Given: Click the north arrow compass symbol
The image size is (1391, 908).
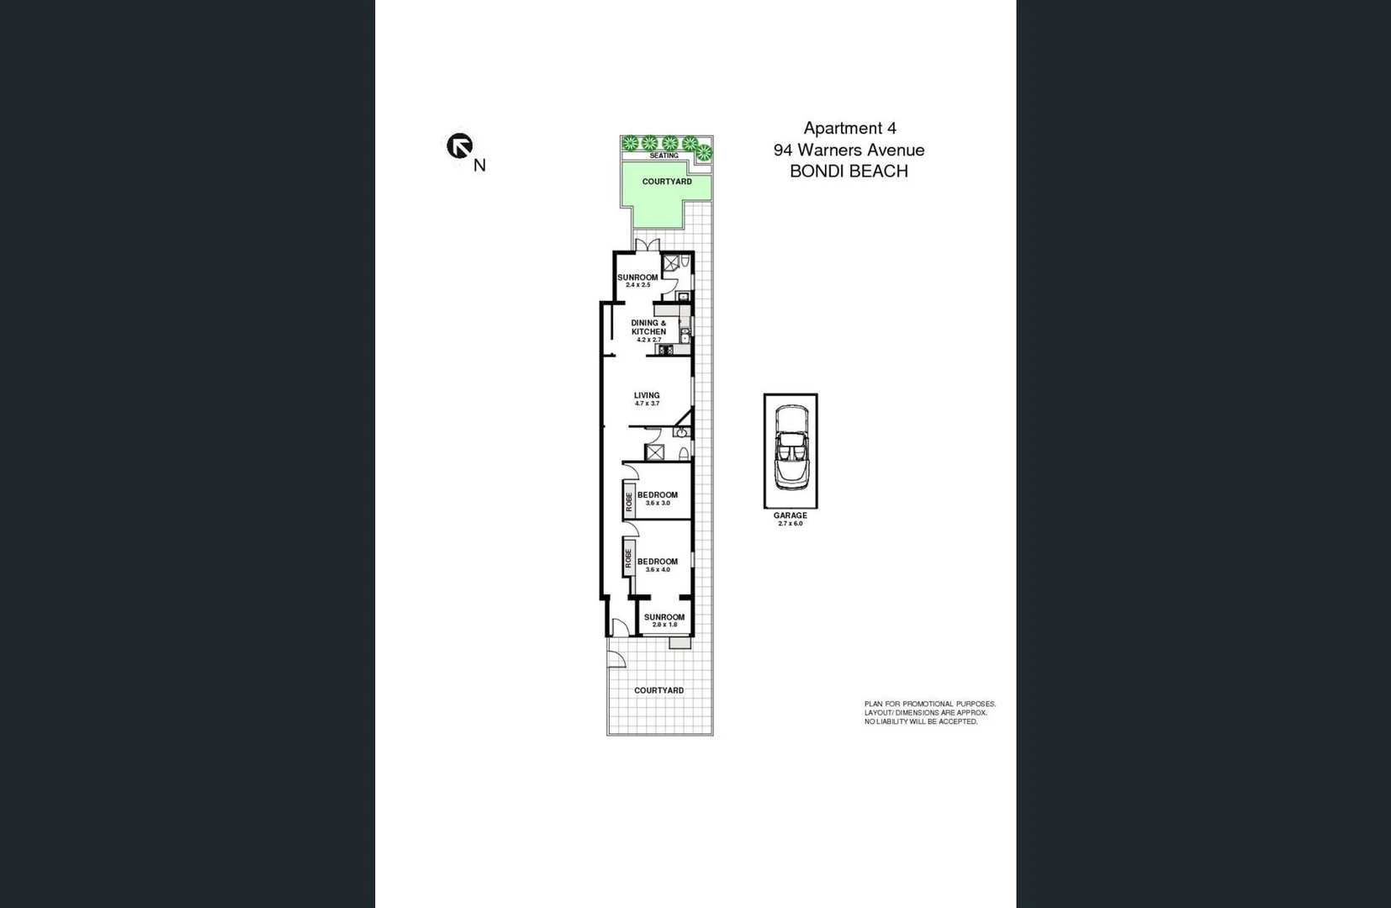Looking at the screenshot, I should click(459, 146).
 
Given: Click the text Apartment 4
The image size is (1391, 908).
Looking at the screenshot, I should click(849, 129).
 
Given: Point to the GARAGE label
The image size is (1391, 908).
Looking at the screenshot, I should click(790, 515).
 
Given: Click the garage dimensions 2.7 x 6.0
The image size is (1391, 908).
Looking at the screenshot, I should click(790, 524).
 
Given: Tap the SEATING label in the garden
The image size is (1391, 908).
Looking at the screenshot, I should click(664, 156).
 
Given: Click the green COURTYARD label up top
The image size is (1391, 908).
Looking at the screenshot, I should click(667, 182).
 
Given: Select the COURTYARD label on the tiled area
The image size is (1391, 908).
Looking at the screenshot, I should click(658, 690).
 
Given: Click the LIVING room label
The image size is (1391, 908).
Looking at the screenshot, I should click(647, 395).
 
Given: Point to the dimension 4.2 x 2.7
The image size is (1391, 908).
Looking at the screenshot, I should click(648, 340).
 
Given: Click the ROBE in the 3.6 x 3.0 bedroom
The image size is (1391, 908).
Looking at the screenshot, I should click(628, 502).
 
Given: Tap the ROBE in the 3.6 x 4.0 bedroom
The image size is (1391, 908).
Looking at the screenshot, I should click(628, 558).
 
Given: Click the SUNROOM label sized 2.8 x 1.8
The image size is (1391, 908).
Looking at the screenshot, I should click(664, 617).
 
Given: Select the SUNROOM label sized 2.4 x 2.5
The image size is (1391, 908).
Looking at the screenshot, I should click(637, 277).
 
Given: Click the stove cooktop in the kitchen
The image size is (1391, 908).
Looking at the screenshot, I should click(665, 350).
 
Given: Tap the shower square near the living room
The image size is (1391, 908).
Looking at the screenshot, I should click(654, 452).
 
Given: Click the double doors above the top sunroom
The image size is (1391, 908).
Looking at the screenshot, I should click(647, 245).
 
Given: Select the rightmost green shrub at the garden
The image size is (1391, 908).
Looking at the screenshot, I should click(704, 153).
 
